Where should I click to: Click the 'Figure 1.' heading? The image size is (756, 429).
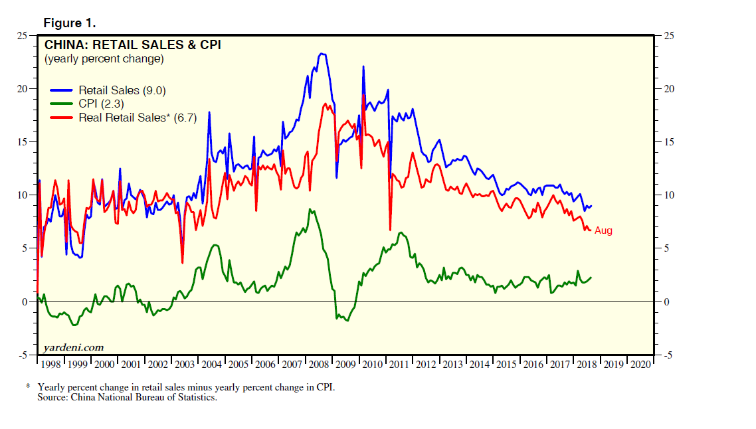coord(70,23)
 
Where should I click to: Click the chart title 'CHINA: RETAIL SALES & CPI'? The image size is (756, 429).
coord(132,45)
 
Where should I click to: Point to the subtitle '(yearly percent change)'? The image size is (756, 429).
coord(104,59)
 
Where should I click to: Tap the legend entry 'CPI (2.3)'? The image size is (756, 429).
coord(101,104)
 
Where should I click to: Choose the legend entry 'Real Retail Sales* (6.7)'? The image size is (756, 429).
coord(138,118)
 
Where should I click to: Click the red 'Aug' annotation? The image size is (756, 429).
coord(603,230)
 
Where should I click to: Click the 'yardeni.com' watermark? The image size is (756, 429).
coord(73,347)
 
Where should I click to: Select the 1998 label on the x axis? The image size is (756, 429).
coord(50,365)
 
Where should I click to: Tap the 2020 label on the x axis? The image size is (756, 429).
coord(640,365)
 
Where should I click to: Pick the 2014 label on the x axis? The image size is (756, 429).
coord(479,365)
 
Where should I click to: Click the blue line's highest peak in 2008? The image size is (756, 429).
coord(322,54)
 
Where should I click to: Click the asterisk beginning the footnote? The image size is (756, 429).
coord(29,386)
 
